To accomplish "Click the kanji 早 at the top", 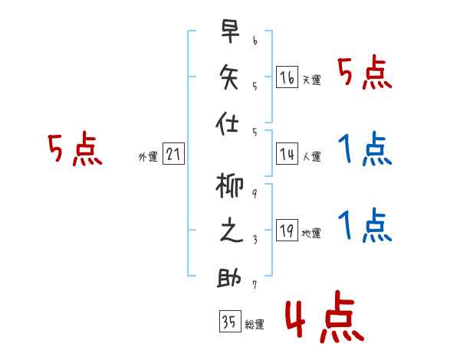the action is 230,31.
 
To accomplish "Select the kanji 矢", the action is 229,77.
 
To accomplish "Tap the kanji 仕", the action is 228,123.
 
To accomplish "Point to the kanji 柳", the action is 229,185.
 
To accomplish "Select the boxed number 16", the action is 287,77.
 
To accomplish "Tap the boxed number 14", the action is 287,154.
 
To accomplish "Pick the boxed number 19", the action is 287,230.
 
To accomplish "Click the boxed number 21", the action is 173,153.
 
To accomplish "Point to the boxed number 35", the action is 230,321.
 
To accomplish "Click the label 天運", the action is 312,80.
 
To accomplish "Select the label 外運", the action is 148,156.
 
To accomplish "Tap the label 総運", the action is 255,325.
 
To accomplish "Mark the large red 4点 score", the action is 325,317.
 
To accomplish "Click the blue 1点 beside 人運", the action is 365,149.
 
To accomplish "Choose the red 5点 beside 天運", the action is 365,72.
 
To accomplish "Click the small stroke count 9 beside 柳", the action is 255,194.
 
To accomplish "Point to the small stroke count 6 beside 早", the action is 255,41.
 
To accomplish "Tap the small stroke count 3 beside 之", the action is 255,240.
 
